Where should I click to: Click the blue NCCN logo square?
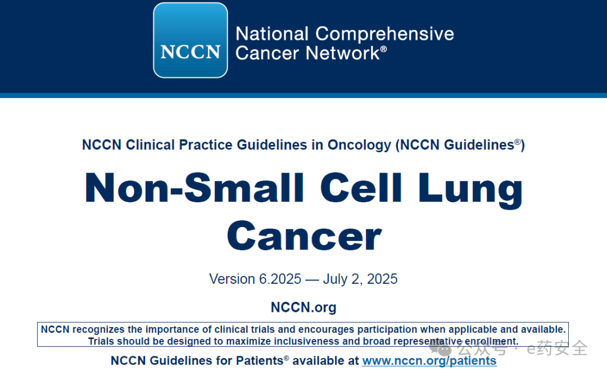pyautogui.click(x=191, y=40)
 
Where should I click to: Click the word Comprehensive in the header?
pyautogui.click(x=384, y=34)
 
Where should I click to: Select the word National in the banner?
pyautogui.click(x=272, y=34)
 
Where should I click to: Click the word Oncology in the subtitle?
pyautogui.click(x=359, y=145)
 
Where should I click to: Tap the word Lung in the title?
pyautogui.click(x=470, y=190)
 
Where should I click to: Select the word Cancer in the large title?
pyautogui.click(x=304, y=236)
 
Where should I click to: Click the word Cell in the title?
pyautogui.click(x=361, y=188)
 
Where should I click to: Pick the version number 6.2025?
pyautogui.click(x=280, y=279)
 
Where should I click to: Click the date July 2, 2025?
pyautogui.click(x=360, y=279)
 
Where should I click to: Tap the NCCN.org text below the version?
pyautogui.click(x=303, y=307)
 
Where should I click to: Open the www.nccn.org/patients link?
pyautogui.click(x=429, y=361)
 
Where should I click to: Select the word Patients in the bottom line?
pyautogui.click(x=260, y=361)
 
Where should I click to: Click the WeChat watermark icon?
pyautogui.click(x=441, y=348)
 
